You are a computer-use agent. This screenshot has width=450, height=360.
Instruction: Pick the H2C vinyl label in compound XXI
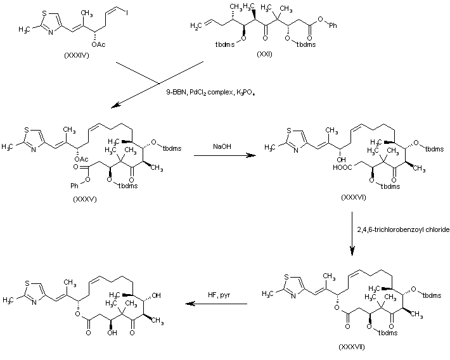196,26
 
